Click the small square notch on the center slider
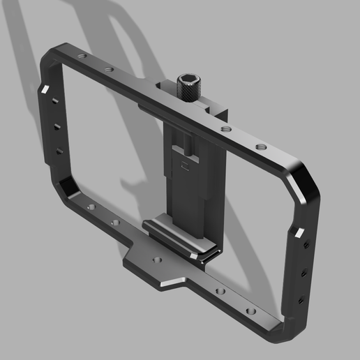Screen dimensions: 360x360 click(185, 166)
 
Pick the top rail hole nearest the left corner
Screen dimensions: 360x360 click(82, 57)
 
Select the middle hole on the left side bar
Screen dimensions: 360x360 click(57, 127)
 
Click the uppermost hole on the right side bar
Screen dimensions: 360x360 click(305, 246)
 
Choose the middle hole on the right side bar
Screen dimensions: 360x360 click(303, 273)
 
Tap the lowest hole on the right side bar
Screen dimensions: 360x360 click(301, 298)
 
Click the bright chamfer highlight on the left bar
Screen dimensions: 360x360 click(46, 88)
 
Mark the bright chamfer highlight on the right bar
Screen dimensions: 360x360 click(300, 231)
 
